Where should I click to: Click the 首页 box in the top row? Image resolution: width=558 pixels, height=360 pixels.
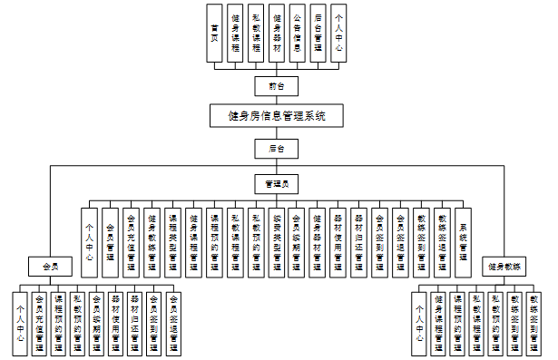pyautogui.click(x=214, y=33)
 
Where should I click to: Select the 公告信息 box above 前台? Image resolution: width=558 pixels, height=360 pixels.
pyautogui.click(x=298, y=33)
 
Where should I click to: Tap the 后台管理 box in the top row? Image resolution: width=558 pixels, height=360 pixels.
pyautogui.click(x=318, y=33)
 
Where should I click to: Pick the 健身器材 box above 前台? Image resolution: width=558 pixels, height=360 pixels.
pyautogui.click(x=277, y=33)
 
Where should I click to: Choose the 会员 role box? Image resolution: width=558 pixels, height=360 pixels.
pyautogui.click(x=50, y=267)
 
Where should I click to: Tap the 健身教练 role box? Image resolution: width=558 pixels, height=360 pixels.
pyautogui.click(x=504, y=267)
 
